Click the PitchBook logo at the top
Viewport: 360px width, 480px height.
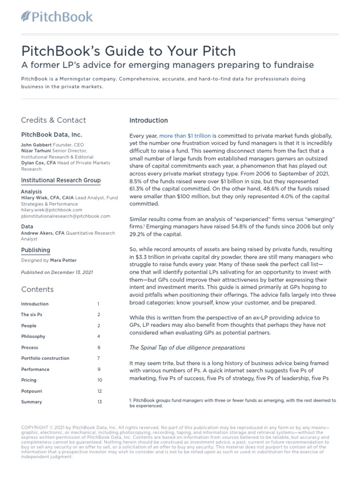[x=57, y=17]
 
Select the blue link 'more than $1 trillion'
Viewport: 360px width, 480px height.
[x=185, y=135]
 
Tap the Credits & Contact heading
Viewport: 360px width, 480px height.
[x=53, y=120]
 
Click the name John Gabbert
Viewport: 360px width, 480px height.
[x=36, y=145]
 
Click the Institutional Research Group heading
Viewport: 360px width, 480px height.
[x=60, y=180]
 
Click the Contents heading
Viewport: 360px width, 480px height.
[x=37, y=289]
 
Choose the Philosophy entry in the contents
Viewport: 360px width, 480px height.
[x=33, y=337]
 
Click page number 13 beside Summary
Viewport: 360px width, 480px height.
[x=99, y=402]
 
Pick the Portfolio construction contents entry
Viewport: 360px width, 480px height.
[x=45, y=358]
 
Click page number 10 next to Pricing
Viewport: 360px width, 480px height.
[x=99, y=380]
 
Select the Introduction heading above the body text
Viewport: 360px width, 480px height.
[x=149, y=120]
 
